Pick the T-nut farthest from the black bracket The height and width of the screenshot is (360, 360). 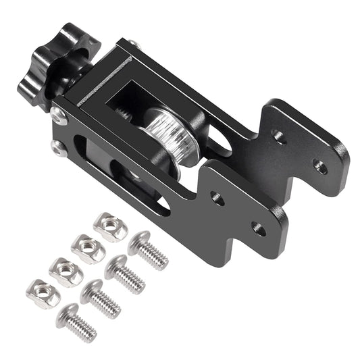click(x=43, y=294)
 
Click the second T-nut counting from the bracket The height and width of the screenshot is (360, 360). click(x=88, y=248)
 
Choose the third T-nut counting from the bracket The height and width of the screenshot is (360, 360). click(x=66, y=271)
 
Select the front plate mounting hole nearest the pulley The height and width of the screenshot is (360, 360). click(x=217, y=198)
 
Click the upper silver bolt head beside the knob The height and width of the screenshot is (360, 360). click(x=60, y=116)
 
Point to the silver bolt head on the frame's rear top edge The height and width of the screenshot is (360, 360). click(x=133, y=45)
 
